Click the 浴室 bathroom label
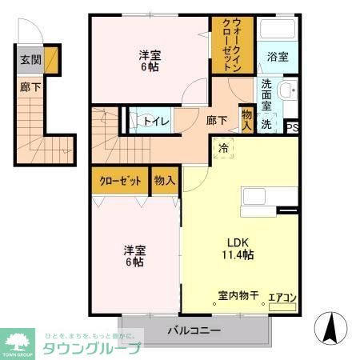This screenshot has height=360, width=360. (278, 58)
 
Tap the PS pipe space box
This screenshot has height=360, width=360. (292, 126)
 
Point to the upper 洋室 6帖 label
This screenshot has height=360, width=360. (150, 62)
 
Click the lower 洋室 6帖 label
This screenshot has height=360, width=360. (134, 255)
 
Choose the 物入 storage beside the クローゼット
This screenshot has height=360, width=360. (165, 181)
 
